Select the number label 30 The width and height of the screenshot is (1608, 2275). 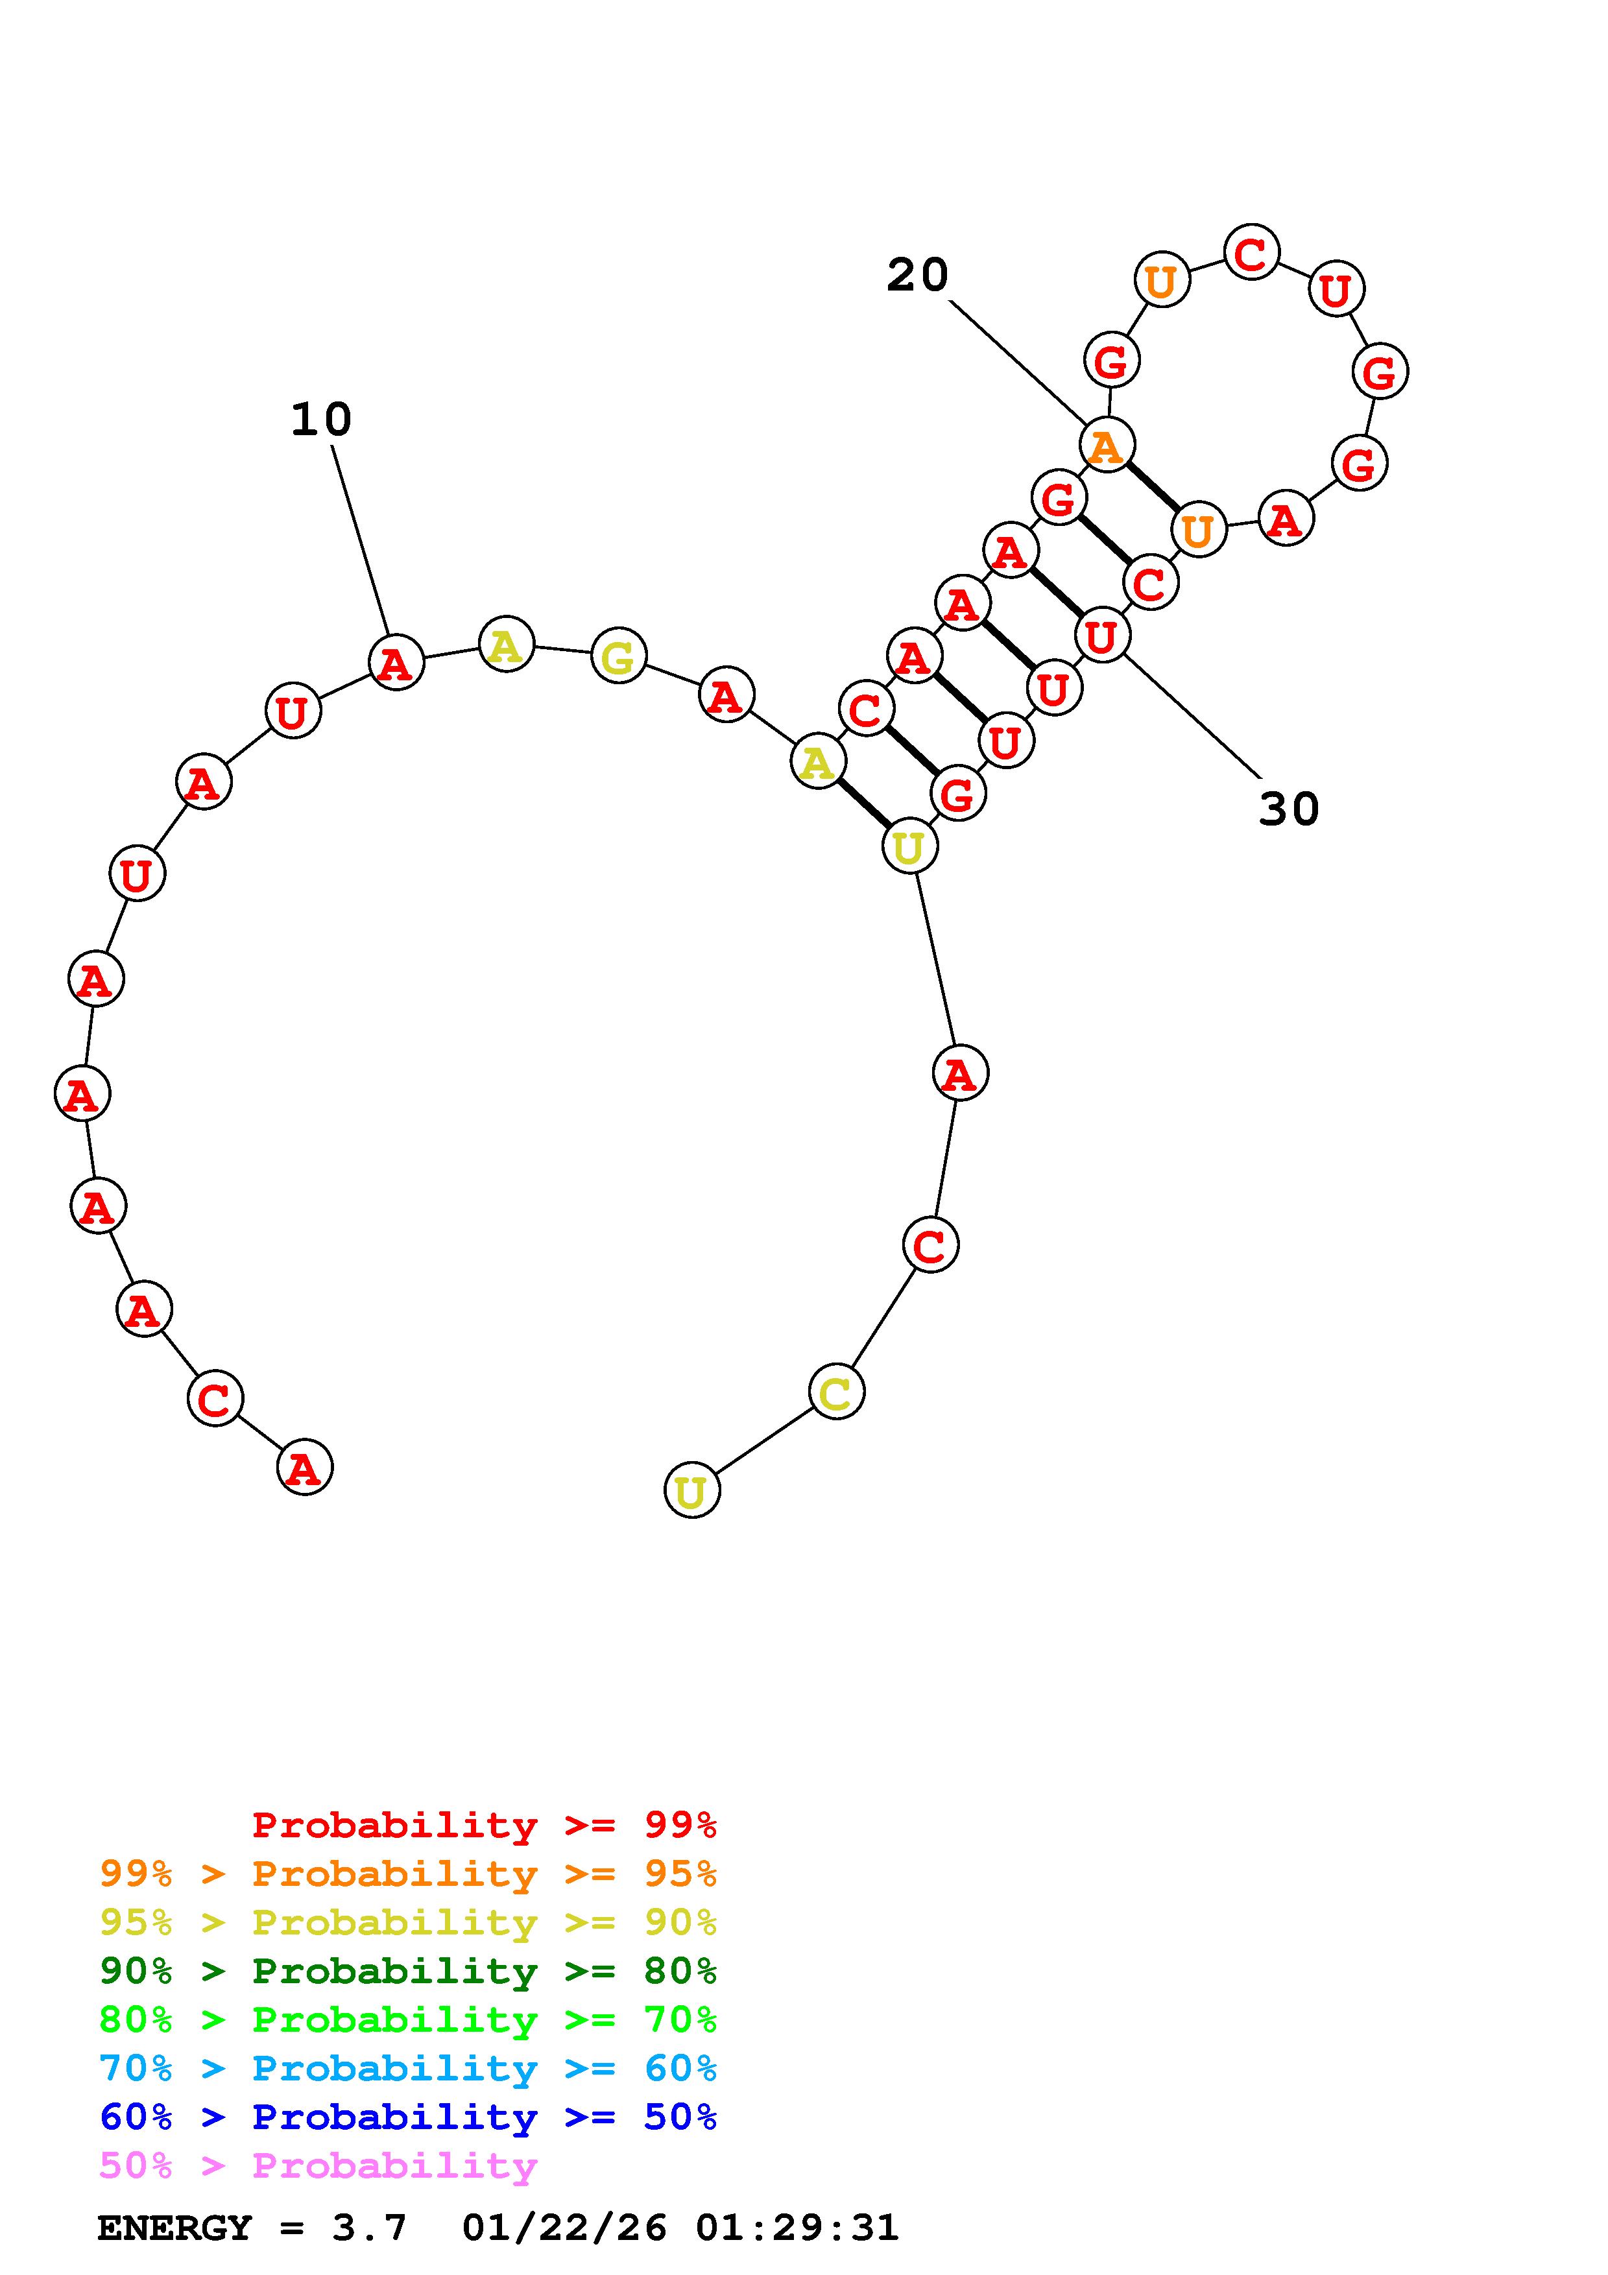click(1289, 809)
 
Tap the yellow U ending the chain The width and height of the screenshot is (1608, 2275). click(691, 1490)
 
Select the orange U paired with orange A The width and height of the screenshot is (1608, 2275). click(1199, 529)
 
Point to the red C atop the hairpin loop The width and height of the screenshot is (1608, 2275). click(1251, 253)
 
